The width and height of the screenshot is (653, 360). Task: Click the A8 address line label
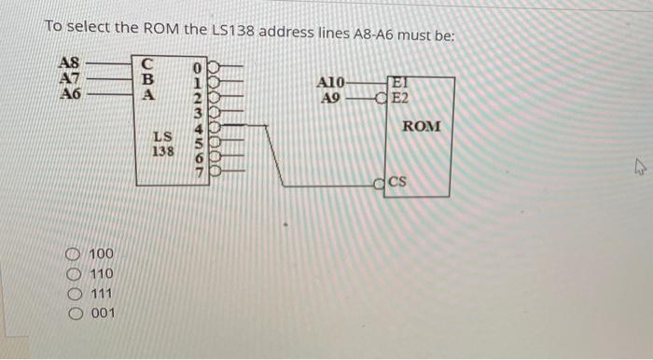[70, 63]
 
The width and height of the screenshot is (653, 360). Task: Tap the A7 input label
[70, 78]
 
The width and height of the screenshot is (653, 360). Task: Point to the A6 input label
[70, 93]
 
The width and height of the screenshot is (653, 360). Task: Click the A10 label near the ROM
[331, 82]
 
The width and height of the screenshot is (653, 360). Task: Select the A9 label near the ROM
[330, 97]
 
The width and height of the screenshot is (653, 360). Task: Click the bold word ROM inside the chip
[422, 126]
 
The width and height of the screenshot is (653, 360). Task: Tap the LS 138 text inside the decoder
[162, 143]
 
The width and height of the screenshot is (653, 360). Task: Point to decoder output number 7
[197, 172]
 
